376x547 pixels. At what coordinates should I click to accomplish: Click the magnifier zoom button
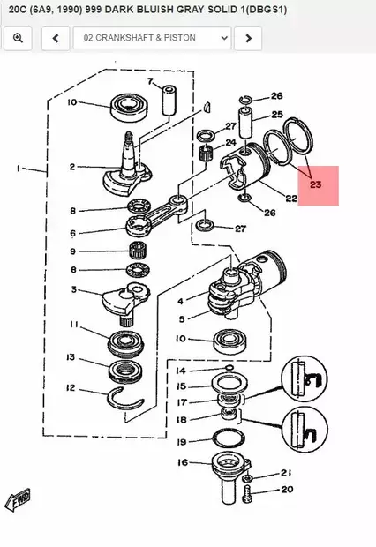pos(19,39)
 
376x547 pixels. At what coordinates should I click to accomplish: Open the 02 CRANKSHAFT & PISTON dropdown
pos(153,39)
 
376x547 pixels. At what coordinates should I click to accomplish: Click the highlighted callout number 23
pos(316,184)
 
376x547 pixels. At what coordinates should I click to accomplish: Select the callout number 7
pos(151,82)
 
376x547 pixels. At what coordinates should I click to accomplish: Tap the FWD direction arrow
pos(19,499)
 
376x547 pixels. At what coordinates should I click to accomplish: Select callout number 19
pos(182,442)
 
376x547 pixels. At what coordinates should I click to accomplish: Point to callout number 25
pos(276,115)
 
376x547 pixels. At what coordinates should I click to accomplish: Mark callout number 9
pos(73,251)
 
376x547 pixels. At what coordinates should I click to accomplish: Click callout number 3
pos(73,289)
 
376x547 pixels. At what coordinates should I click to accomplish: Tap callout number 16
pos(182,462)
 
